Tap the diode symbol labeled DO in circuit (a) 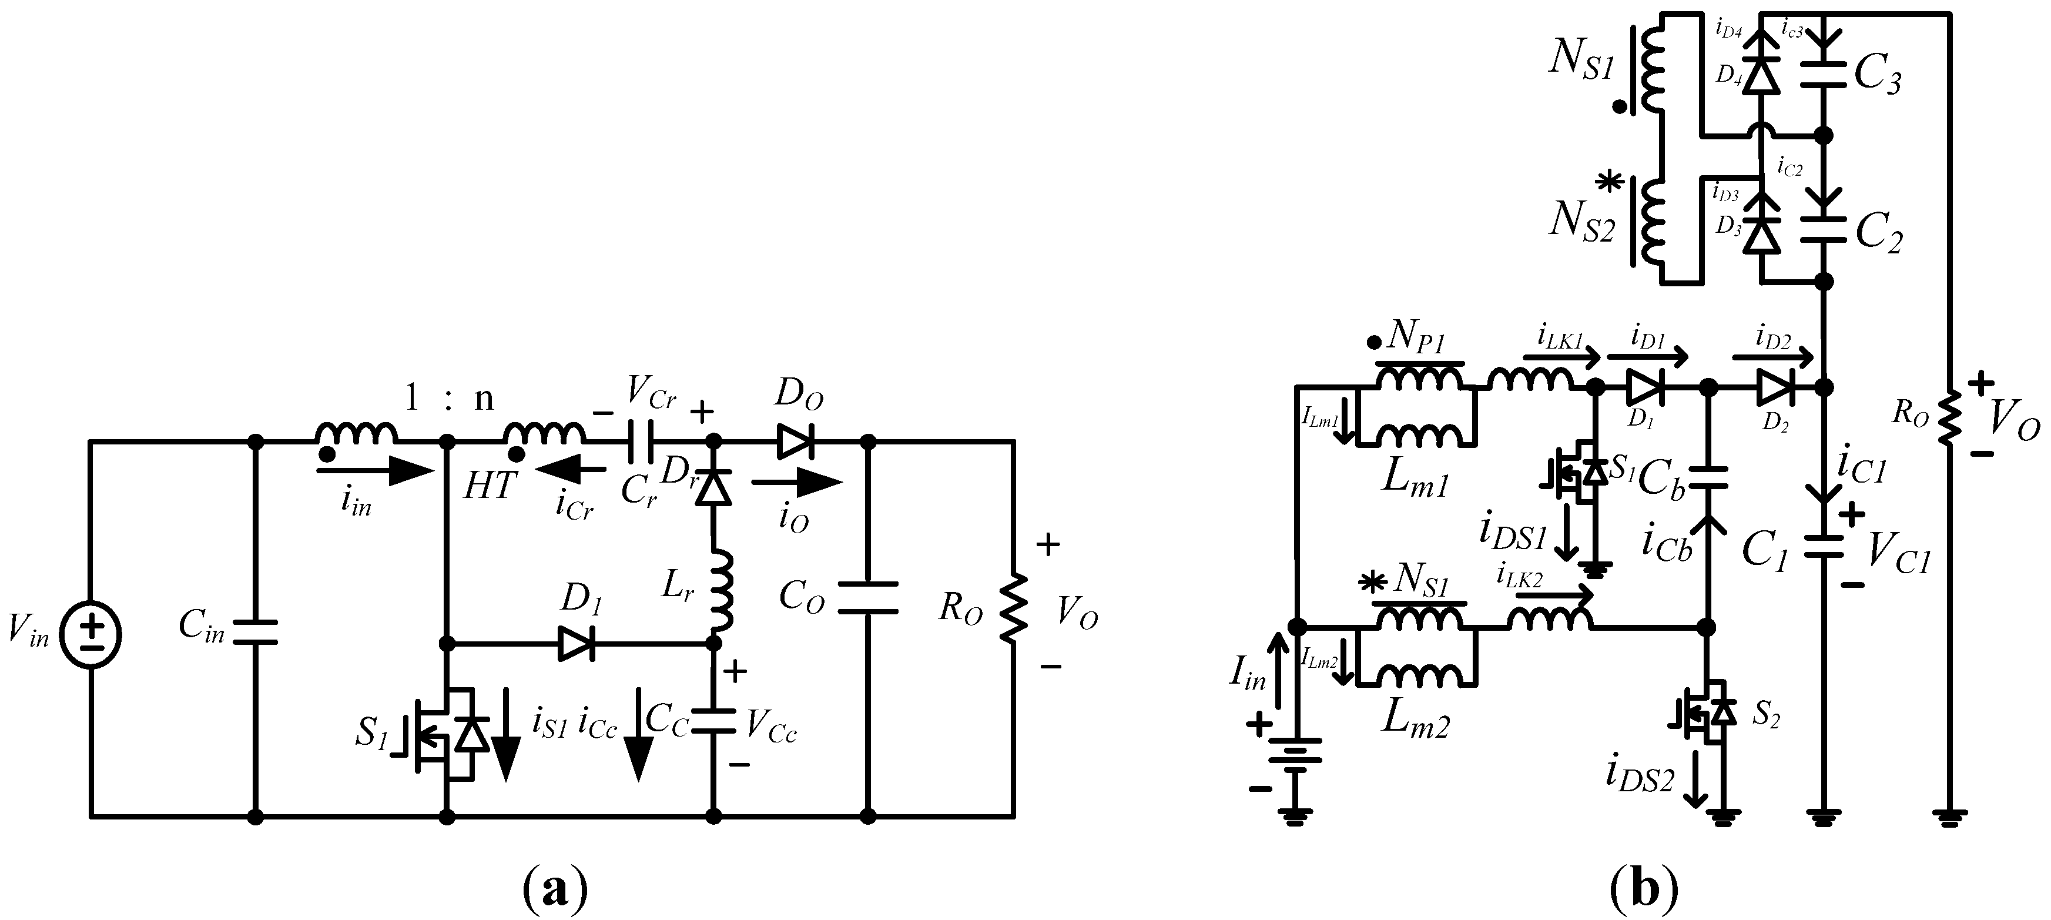click(795, 440)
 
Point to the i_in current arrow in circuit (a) click(374, 471)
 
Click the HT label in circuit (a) click(490, 484)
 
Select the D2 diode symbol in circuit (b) click(1774, 388)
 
